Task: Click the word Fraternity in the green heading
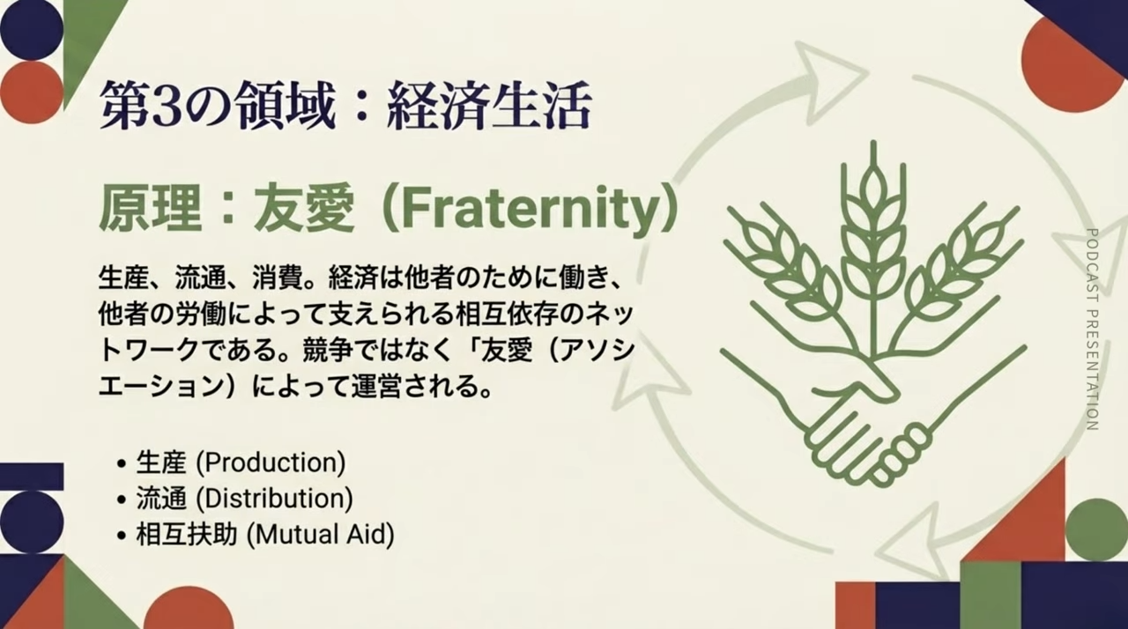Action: [x=528, y=209]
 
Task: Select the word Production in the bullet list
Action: [x=271, y=462]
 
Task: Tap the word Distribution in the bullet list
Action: [x=274, y=498]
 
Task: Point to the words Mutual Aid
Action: [x=321, y=534]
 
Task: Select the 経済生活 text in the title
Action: [x=489, y=107]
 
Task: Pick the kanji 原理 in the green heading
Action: [x=150, y=209]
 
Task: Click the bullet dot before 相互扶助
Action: [x=121, y=536]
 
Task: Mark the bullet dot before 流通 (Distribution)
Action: [x=121, y=499]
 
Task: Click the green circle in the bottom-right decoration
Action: [x=1095, y=529]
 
